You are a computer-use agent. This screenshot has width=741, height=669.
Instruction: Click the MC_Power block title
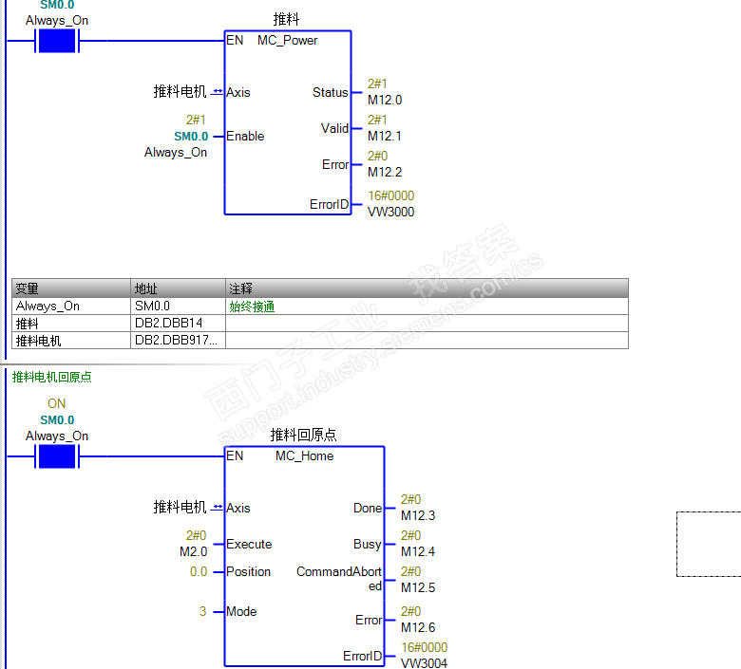tap(287, 41)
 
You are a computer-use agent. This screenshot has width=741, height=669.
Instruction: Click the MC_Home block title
tap(304, 456)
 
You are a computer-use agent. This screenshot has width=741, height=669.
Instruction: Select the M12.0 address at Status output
tap(385, 100)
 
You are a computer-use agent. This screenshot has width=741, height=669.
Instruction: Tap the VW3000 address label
tap(390, 212)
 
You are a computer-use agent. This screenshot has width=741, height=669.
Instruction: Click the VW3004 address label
tap(424, 663)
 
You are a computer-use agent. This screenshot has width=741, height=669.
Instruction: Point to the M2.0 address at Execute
tap(193, 551)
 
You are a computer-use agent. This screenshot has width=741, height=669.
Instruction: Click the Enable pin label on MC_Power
tap(245, 137)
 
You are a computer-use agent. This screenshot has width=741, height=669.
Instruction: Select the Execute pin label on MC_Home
tap(249, 545)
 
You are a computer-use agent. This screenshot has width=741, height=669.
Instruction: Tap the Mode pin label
tap(241, 612)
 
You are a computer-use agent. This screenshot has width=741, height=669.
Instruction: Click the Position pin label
tap(249, 572)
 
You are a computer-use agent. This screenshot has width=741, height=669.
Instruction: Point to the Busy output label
tap(367, 545)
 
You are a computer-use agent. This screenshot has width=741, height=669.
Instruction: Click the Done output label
tap(367, 509)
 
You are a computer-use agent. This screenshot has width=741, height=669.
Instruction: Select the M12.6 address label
tap(418, 627)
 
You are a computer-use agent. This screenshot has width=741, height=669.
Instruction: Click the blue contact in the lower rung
tap(56, 456)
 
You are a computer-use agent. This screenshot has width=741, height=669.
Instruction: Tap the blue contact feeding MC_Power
tap(56, 41)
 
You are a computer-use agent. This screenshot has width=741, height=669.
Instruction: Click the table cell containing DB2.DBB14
tap(169, 324)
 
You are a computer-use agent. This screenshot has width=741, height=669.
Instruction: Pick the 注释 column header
tap(240, 288)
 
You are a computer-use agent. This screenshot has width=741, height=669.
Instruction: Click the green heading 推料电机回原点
tap(51, 377)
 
